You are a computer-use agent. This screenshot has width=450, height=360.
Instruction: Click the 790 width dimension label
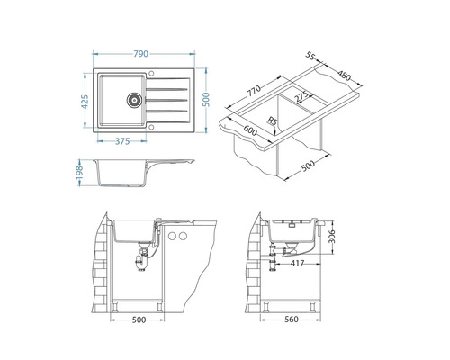pyautogui.click(x=140, y=54)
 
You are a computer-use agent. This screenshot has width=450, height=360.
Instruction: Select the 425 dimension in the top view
pyautogui.click(x=85, y=102)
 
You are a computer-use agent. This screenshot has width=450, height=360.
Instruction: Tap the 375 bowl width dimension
pyautogui.click(x=122, y=141)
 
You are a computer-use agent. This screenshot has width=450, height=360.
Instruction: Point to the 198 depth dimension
pyautogui.click(x=79, y=173)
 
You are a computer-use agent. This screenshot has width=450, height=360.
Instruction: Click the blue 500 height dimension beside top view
pyautogui.click(x=206, y=100)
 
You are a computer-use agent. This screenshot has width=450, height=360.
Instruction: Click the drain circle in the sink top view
pyautogui.click(x=134, y=100)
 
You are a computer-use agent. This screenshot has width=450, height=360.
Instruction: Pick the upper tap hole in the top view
pyautogui.click(x=151, y=74)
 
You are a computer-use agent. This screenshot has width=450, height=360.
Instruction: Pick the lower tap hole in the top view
pyautogui.click(x=151, y=127)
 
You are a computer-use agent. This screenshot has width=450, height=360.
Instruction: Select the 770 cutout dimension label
pyautogui.click(x=254, y=91)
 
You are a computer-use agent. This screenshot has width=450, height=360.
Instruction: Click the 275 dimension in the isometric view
pyautogui.click(x=301, y=96)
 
